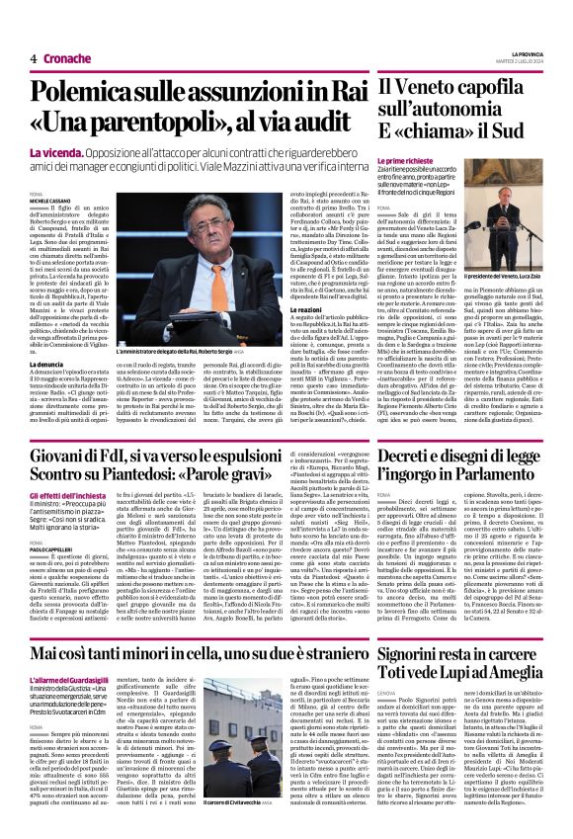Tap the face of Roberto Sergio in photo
click(x=211, y=224)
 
